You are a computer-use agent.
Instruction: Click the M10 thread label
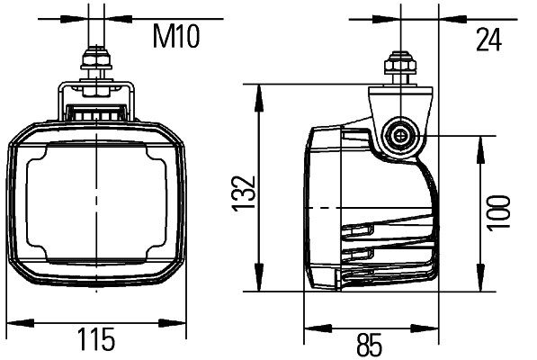(175, 37)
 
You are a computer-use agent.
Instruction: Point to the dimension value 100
(499, 213)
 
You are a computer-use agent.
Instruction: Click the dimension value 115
(96, 341)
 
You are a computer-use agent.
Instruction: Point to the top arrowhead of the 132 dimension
(260, 91)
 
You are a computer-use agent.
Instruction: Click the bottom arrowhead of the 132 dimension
(260, 285)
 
